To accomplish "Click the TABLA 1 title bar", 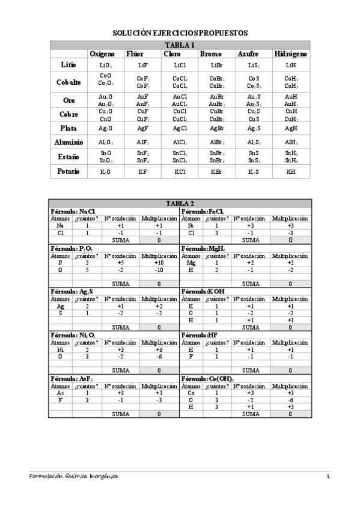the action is point(180,45).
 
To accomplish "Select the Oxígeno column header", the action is point(102,54).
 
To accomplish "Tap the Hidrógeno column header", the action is point(291,54).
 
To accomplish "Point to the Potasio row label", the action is point(69,171).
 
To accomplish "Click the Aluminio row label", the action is point(69,142).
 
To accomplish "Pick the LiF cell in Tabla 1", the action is point(142,64).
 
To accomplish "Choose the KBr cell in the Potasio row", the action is point(217,171).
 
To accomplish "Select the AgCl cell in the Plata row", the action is point(180,128).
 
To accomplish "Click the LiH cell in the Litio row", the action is point(291,64).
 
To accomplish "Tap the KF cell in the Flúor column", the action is point(142,171).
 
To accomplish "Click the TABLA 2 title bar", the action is point(180,203).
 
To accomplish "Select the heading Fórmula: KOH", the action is point(201,291).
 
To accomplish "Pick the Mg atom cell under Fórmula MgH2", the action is point(191,263).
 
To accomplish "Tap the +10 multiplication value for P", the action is point(159,263).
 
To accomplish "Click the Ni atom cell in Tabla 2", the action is point(60,349).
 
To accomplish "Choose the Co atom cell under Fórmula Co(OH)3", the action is point(191,392).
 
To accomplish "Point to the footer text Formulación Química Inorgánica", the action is point(74,476).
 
